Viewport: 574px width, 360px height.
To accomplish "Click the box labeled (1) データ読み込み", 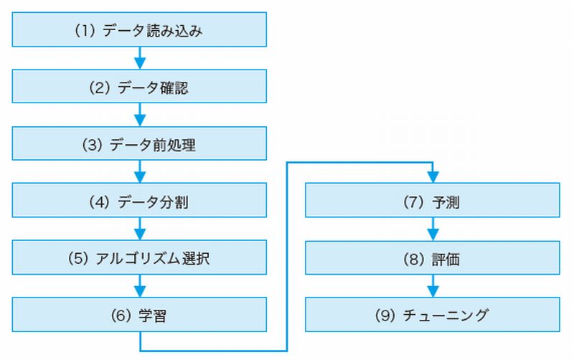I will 141,32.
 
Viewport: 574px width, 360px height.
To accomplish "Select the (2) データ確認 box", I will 141,88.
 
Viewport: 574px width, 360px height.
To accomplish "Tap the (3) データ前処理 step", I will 141,145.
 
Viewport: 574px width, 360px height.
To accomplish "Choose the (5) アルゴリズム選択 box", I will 141,258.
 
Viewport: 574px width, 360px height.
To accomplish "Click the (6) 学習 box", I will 141,315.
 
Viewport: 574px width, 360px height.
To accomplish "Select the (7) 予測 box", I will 432,202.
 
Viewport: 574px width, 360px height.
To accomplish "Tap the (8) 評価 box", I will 432,258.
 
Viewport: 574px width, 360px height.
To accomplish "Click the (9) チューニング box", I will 432,315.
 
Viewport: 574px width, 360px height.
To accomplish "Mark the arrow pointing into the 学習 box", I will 141,286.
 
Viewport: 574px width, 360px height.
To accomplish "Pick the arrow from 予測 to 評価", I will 432,230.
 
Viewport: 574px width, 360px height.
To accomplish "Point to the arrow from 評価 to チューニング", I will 432,287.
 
